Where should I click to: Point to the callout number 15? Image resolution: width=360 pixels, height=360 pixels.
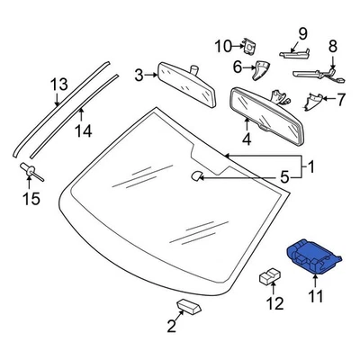click(31, 197)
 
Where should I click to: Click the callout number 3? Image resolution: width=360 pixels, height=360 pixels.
click(139, 75)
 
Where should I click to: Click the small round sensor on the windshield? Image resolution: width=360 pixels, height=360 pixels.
click(195, 177)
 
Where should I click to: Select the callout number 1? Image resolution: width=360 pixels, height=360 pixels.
click(312, 166)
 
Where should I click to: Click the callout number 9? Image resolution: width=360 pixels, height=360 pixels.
click(302, 33)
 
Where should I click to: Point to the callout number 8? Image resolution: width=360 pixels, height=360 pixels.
click(332, 47)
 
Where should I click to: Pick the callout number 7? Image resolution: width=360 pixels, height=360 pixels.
click(340, 100)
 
